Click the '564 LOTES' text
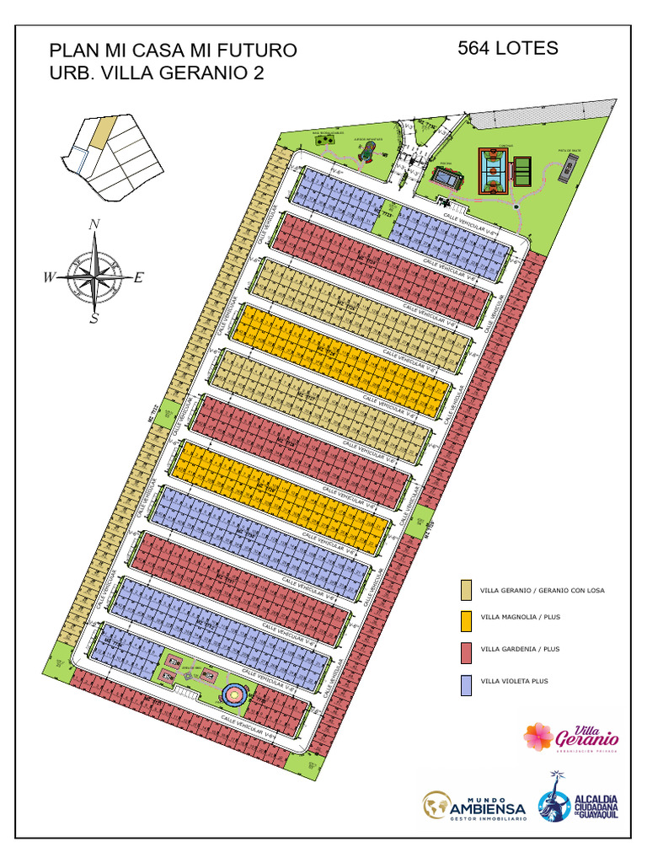[507, 48]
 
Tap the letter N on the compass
[95, 224]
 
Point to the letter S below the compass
[94, 319]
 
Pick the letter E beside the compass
[139, 276]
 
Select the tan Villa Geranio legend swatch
[466, 590]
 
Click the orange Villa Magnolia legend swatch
[466, 621]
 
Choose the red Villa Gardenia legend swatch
[466, 652]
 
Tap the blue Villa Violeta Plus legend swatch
[466, 684]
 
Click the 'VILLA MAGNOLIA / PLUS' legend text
[520, 618]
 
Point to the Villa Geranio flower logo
[539, 737]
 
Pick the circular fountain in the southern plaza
[234, 694]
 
